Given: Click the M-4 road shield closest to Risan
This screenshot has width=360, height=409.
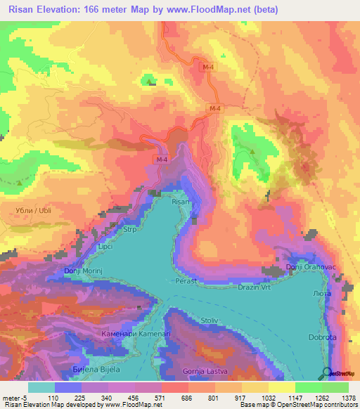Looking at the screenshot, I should tap(162, 160).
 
